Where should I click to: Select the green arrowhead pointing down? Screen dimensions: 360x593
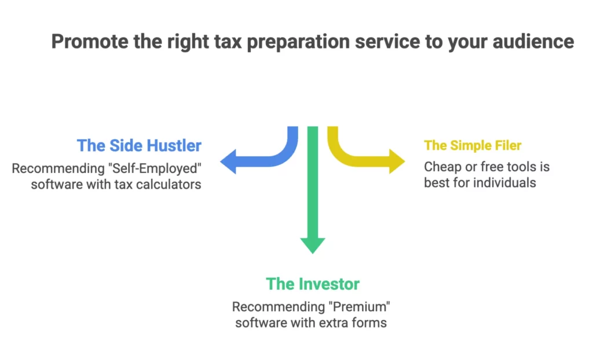pos(313,243)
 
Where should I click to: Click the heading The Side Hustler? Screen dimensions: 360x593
pos(139,145)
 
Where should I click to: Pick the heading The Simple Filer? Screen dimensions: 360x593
pos(473,145)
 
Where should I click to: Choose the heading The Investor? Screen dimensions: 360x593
pos(313,284)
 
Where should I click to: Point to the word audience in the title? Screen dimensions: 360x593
pos(536,42)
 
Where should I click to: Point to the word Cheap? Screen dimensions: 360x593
pos(441,167)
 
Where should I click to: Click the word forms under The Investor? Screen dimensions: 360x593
pos(369,322)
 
